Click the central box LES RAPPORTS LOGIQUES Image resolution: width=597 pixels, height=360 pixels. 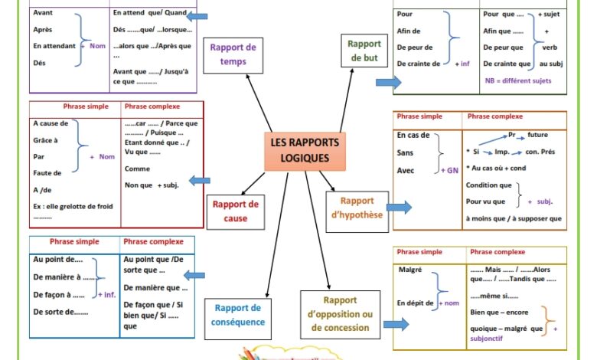tap(304, 150)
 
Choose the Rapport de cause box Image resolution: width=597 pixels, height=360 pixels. tap(235, 211)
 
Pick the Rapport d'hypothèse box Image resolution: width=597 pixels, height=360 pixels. tap(357, 208)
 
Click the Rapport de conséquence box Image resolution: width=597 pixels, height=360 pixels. tap(238, 315)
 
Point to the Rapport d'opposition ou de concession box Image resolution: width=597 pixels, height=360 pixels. tap(340, 314)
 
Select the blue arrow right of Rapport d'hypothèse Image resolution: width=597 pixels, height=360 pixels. tap(399, 207)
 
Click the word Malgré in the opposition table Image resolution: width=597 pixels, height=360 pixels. tap(410, 270)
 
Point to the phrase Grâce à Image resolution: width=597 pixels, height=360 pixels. tap(46, 139)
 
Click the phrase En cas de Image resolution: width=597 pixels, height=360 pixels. tap(413, 136)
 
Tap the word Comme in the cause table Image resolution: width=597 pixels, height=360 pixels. tap(137, 169)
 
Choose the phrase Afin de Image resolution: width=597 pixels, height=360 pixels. tap(409, 31)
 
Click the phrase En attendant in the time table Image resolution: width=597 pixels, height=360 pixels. tap(54, 46)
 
